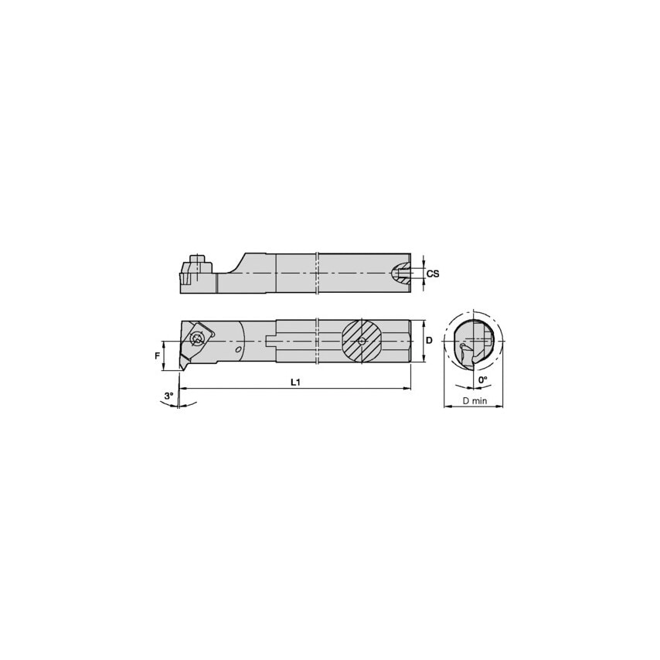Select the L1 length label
coord(295,383)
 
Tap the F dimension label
coord(157,356)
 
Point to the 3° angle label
coord(168,396)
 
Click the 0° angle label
coord(482,380)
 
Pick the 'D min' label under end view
coord(474,400)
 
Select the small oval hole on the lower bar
coord(238,350)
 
